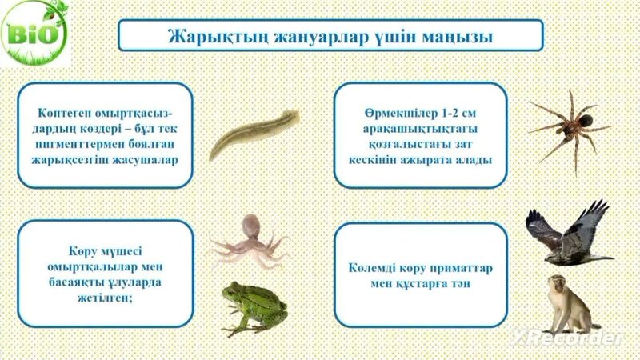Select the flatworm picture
click(254, 133)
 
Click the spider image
click(569, 127)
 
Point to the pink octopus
click(249, 238)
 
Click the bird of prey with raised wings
click(569, 232)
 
